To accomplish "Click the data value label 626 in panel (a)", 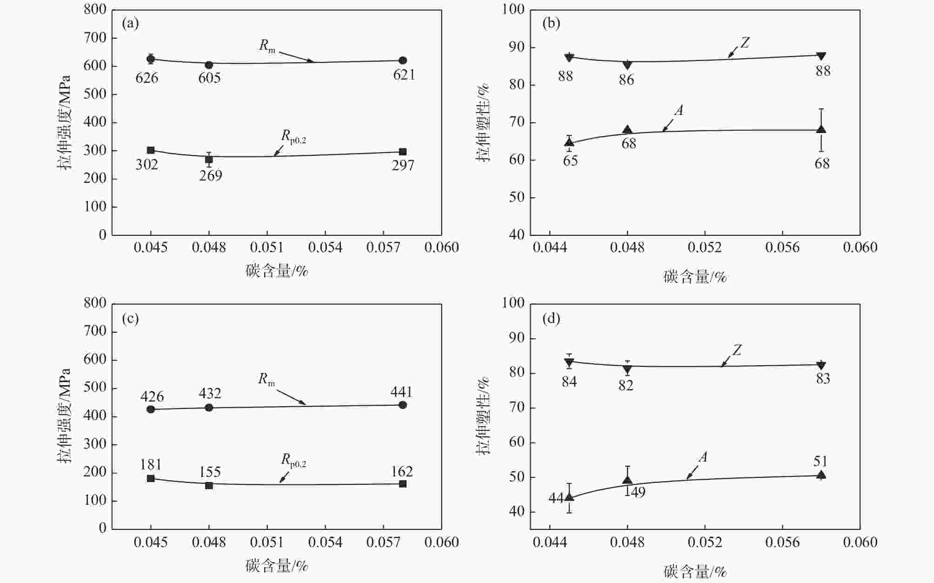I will pyautogui.click(x=147, y=77).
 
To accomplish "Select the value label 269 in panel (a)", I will pyautogui.click(x=211, y=175).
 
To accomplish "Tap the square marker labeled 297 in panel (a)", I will pyautogui.click(x=403, y=152).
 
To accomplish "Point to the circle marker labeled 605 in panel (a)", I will pyautogui.click(x=209, y=65).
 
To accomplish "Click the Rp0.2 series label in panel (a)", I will pyautogui.click(x=294, y=136).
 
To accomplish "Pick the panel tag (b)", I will pyautogui.click(x=551, y=23).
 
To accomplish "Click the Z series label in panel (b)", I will pyautogui.click(x=745, y=43).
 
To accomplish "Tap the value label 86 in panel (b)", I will pyautogui.click(x=627, y=80).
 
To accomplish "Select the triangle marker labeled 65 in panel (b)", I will pyautogui.click(x=569, y=142).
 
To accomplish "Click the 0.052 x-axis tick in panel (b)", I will pyautogui.click(x=705, y=247).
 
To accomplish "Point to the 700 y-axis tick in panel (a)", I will pyautogui.click(x=95, y=38).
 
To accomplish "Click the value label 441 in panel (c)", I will pyautogui.click(x=401, y=392).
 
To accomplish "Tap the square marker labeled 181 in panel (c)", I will pyautogui.click(x=151, y=478).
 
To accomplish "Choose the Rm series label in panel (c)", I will pyautogui.click(x=267, y=379).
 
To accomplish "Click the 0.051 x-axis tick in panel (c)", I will pyautogui.click(x=267, y=542).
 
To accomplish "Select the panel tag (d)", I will pyautogui.click(x=551, y=319).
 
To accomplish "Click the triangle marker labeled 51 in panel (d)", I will pyautogui.click(x=821, y=475).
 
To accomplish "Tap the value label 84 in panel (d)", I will pyautogui.click(x=569, y=382).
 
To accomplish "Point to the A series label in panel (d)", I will pyautogui.click(x=703, y=458).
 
